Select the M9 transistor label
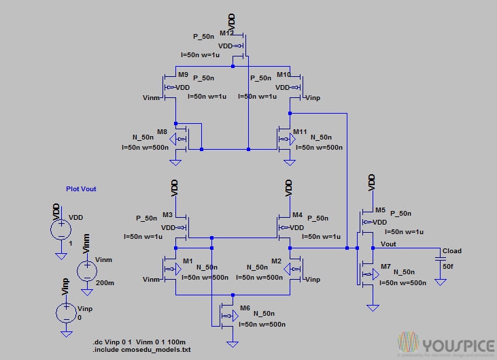[x=182, y=74]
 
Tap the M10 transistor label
[x=284, y=74]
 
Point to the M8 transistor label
[x=162, y=131]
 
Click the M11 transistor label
[x=300, y=131]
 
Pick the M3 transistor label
[x=167, y=215]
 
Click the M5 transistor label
[x=380, y=210]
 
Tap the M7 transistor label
[x=386, y=265]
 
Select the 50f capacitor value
[x=447, y=267]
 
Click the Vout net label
[x=388, y=244]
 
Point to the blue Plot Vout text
[x=81, y=189]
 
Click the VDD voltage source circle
[x=61, y=229]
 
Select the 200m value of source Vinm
[x=105, y=283]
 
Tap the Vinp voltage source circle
[x=65, y=312]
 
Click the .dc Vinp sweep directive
[x=139, y=342]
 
